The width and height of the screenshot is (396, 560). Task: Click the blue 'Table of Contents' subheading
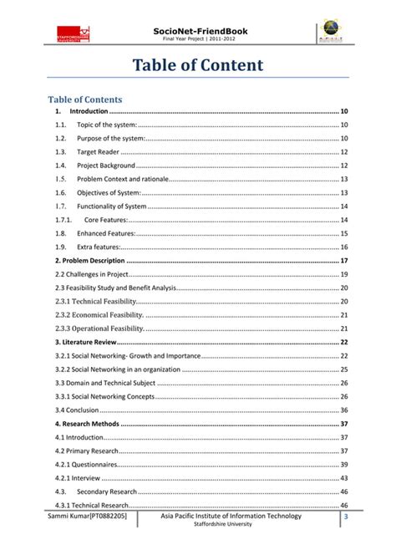click(86, 97)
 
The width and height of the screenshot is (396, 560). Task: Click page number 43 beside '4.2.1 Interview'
click(344, 478)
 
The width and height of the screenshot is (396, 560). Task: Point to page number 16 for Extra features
click(344, 247)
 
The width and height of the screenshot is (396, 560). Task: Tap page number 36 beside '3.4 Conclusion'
click(344, 410)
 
